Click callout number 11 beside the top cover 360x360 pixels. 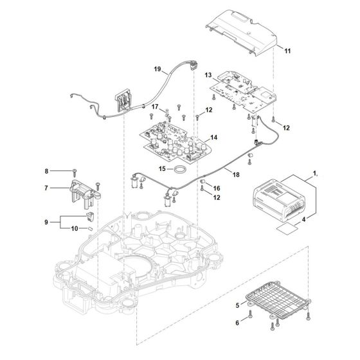[287, 50]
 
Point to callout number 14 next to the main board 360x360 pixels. [214, 138]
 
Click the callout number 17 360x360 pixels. [154, 106]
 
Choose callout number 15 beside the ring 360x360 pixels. [163, 169]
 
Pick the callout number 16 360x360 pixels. [216, 187]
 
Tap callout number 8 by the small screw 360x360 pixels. [46, 171]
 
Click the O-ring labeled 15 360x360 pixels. [182, 169]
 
